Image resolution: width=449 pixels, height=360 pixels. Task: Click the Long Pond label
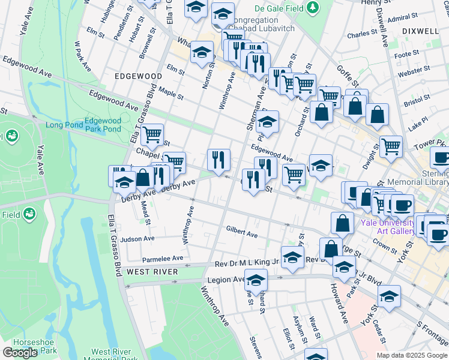63,125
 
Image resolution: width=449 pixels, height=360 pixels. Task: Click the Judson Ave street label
137,238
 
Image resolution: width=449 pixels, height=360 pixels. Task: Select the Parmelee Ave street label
162,259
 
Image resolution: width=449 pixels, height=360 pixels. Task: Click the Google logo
20,353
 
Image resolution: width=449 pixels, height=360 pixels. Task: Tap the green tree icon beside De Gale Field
312,8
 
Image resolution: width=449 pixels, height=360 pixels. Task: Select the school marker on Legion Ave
256,281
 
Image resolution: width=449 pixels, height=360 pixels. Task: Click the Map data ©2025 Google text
412,355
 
